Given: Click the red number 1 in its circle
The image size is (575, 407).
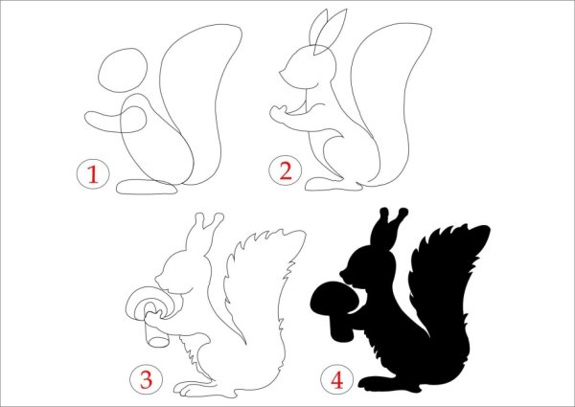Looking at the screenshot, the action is point(93,174).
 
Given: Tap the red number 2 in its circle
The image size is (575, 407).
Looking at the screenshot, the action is point(286,171).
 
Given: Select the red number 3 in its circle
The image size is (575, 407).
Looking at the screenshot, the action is point(146,379).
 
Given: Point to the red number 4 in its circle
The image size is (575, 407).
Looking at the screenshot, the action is point(337,379).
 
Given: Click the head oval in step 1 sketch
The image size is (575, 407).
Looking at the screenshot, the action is point(123,70).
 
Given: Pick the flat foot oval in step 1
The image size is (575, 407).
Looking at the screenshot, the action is point(147,187).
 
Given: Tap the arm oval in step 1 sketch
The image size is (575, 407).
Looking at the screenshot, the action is point(116,120).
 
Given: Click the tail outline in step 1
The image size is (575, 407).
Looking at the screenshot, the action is point(201,104).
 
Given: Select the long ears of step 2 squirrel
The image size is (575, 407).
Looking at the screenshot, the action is point(327,32).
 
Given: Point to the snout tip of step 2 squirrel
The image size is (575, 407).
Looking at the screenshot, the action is point(281,73).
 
